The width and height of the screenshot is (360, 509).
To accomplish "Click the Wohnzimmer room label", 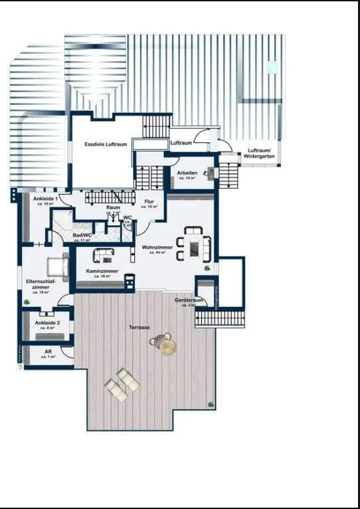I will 157,247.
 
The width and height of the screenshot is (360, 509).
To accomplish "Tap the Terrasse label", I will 139,328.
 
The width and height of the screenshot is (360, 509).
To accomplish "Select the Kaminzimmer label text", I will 102,271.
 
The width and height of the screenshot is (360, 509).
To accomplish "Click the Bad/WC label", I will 82,235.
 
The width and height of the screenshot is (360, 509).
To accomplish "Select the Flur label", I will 149,202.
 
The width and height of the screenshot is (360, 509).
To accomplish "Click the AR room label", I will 48,352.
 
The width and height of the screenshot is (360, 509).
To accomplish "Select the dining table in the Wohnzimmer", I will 193,249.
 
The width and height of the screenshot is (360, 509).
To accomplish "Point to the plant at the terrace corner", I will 211,403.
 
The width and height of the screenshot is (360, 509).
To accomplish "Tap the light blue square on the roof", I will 272,67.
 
